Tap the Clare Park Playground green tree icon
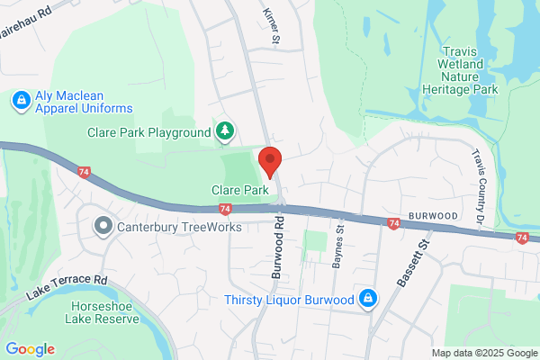[x=225, y=132]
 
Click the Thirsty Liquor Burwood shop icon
[x=367, y=299]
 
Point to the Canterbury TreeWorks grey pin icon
[x=104, y=226]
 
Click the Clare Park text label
[x=240, y=191]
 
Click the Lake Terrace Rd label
[x=67, y=286]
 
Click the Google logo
[x=30, y=349]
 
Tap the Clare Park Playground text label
[x=148, y=133]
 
